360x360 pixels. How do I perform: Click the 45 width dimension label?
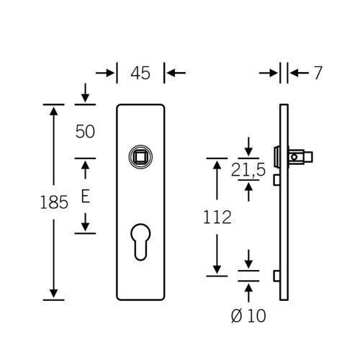(x=140, y=73)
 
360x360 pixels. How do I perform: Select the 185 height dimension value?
(x=54, y=202)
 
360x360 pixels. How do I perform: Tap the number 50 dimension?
(x=85, y=132)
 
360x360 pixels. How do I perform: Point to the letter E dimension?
(x=86, y=197)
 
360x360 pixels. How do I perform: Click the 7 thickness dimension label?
(x=318, y=73)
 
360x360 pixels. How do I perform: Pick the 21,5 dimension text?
(x=248, y=170)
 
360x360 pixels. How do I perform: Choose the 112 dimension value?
(x=217, y=217)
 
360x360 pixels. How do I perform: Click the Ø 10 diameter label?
(x=248, y=315)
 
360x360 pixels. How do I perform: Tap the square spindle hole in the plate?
(x=140, y=157)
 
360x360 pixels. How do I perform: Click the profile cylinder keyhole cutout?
(x=140, y=242)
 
